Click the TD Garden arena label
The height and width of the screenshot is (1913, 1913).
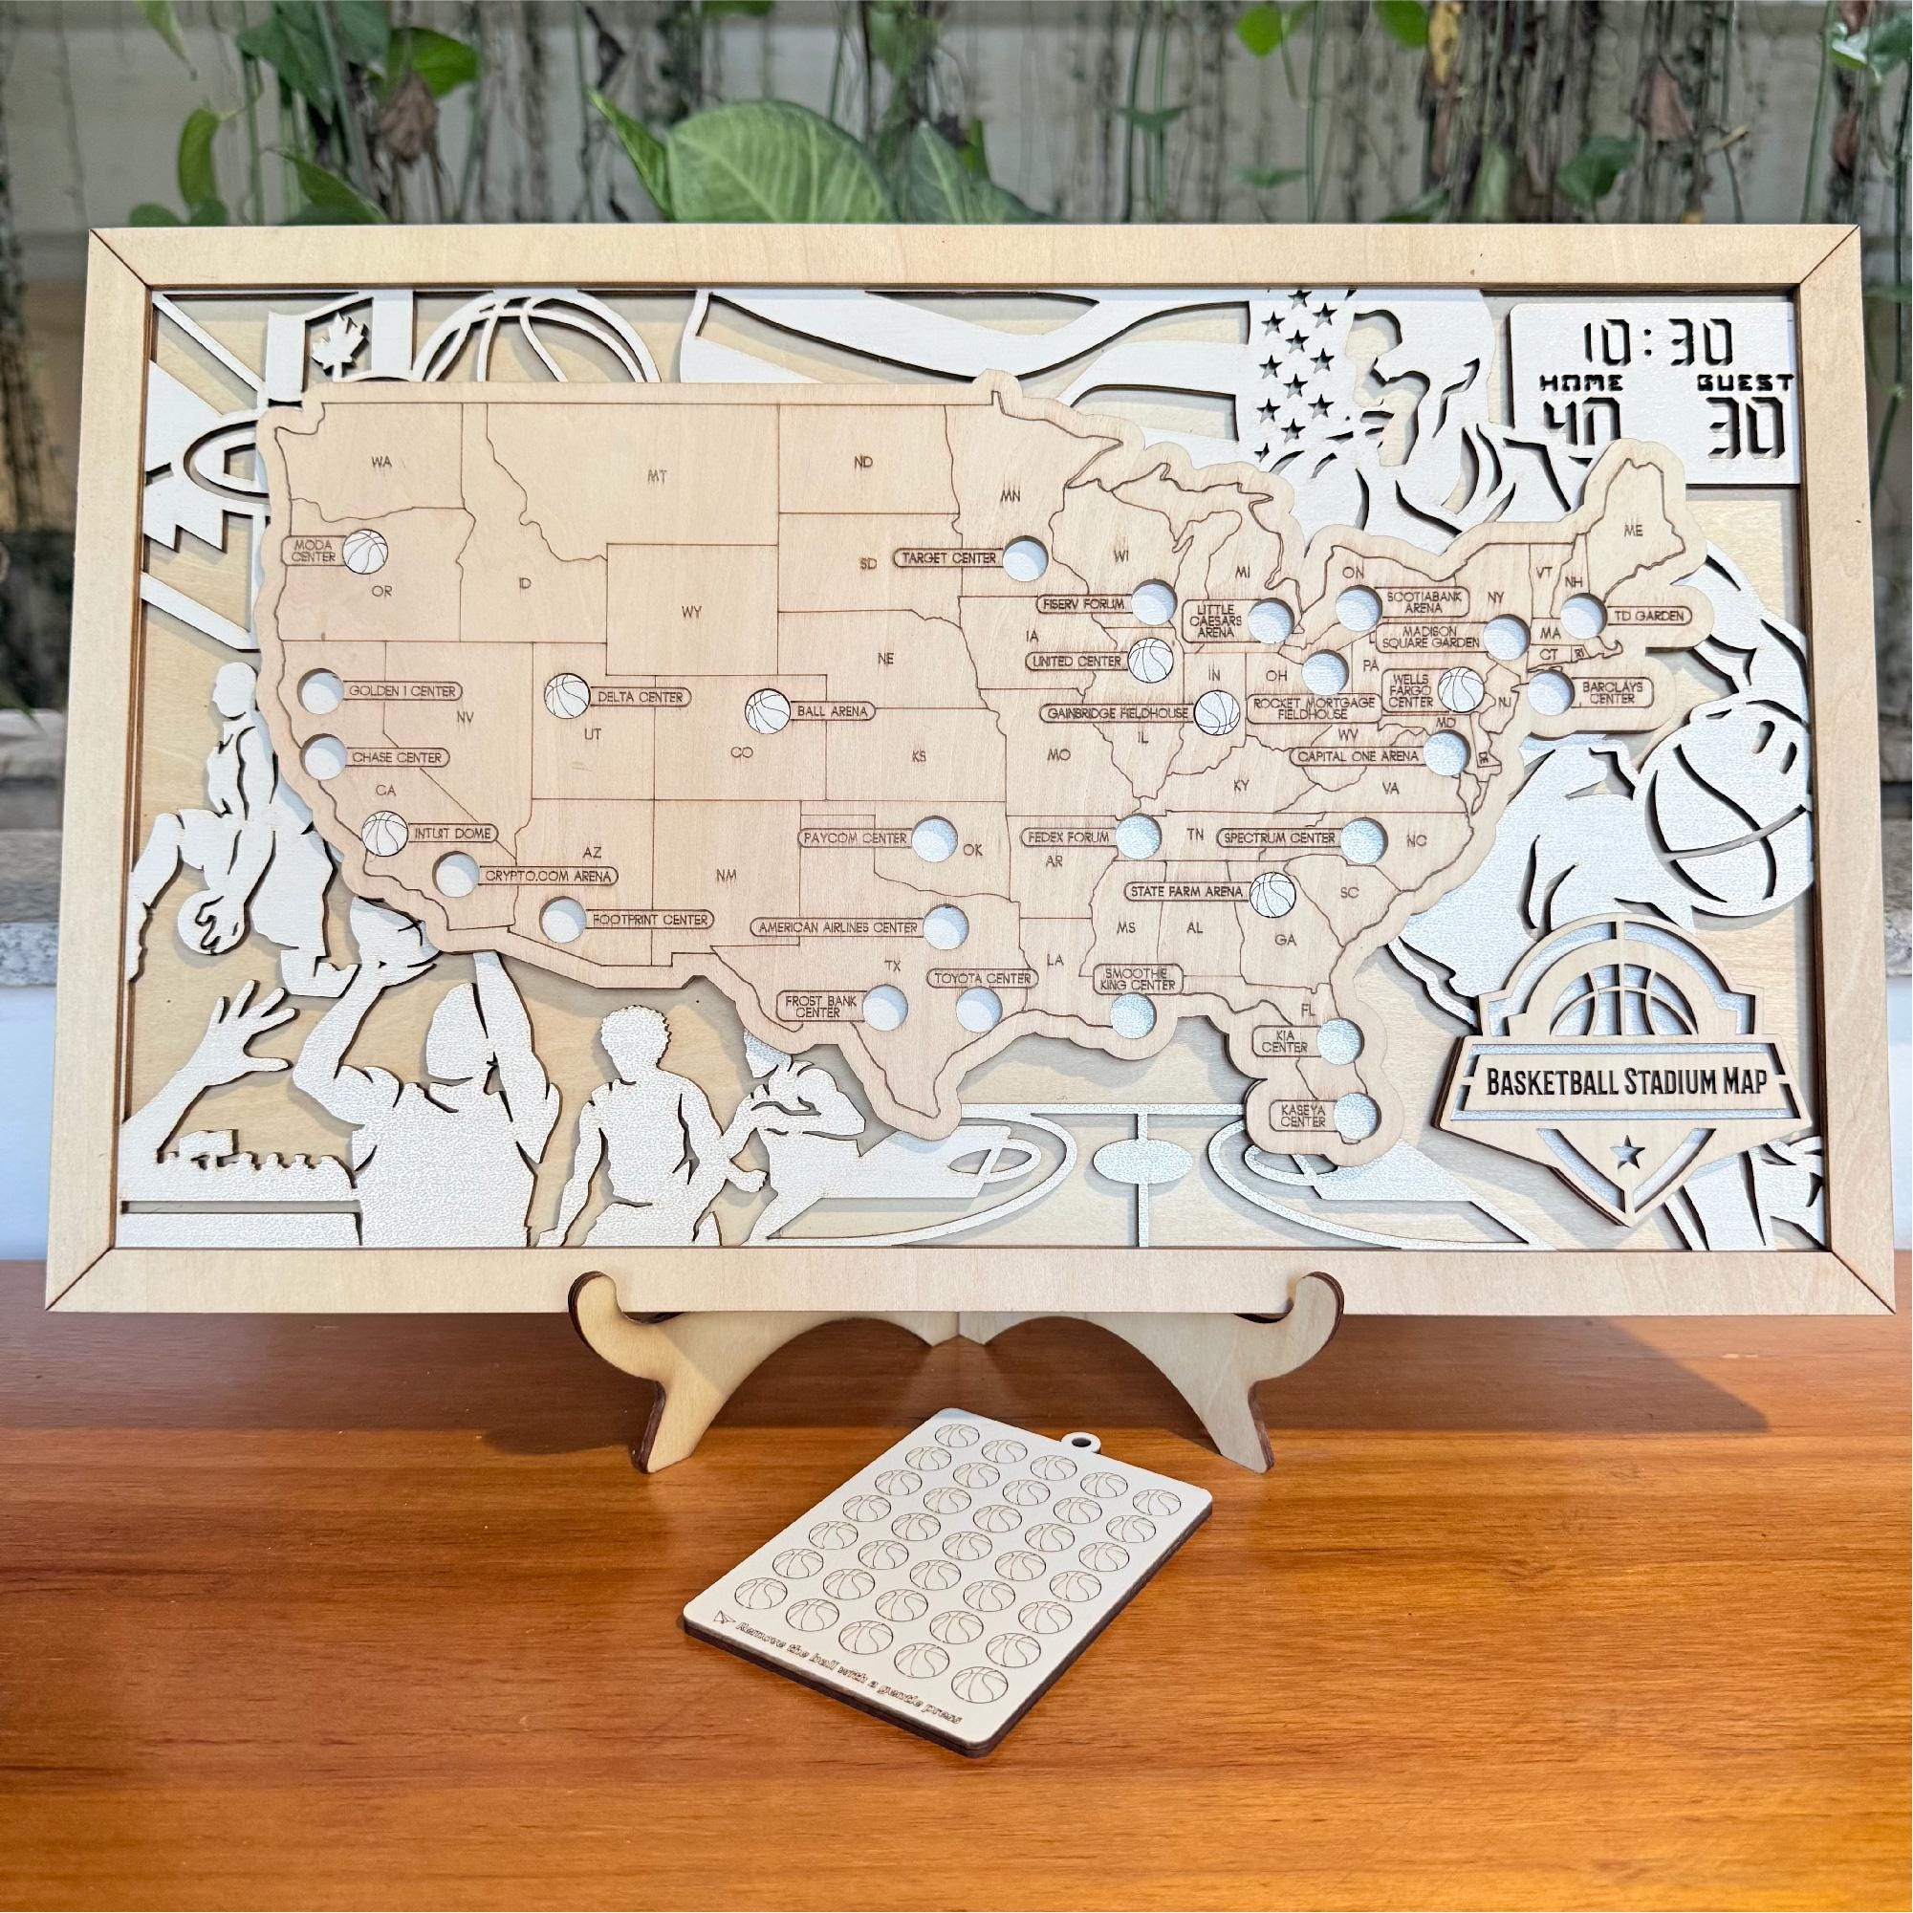pos(1647,615)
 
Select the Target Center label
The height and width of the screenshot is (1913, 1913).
pos(947,558)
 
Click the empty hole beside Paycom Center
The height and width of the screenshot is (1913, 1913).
pos(934,837)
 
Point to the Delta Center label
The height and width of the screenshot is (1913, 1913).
pos(639,697)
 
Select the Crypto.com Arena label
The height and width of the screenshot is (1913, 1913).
pos(549,876)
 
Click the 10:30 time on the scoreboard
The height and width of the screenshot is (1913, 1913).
pos(1655,342)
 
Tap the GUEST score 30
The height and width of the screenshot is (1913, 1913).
pos(1749,425)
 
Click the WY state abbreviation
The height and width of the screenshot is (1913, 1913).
pos(691,611)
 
